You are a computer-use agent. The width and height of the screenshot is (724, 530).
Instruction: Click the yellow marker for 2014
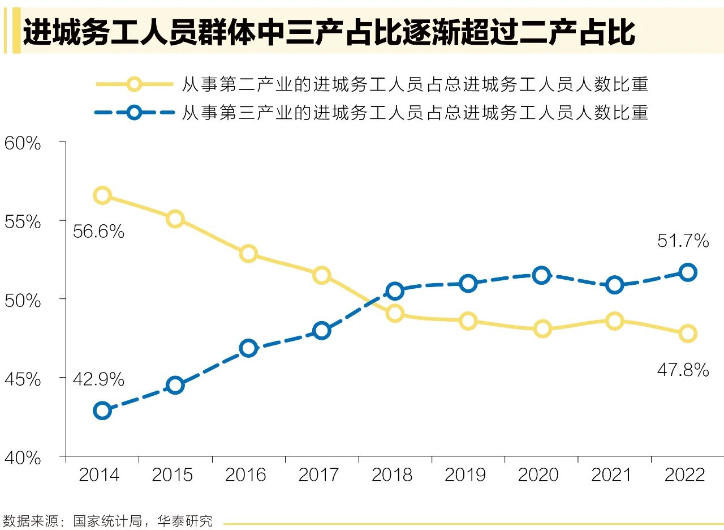pyautogui.click(x=102, y=195)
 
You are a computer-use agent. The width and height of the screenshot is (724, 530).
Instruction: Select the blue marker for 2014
pyautogui.click(x=102, y=411)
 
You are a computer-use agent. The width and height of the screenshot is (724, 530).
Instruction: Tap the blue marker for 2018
pyautogui.click(x=395, y=291)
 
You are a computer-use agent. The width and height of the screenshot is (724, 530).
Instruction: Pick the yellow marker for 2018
pyautogui.click(x=395, y=313)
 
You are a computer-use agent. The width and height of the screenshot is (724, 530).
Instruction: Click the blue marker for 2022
pyautogui.click(x=688, y=272)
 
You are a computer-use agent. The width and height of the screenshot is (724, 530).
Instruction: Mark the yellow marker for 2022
pyautogui.click(x=688, y=333)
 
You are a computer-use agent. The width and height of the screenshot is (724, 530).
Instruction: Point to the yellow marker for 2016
pyautogui.click(x=248, y=253)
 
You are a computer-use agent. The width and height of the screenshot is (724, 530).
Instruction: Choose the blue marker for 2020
pyautogui.click(x=541, y=276)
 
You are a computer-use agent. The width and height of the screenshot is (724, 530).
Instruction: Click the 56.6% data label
pyautogui.click(x=98, y=231)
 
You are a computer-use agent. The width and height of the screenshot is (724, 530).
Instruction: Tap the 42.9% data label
pyautogui.click(x=98, y=379)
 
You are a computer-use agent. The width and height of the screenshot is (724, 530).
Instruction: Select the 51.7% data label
pyautogui.click(x=683, y=241)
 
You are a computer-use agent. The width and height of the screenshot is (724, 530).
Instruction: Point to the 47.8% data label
pyautogui.click(x=683, y=370)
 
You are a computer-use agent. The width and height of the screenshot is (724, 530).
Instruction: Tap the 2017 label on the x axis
pyautogui.click(x=319, y=475)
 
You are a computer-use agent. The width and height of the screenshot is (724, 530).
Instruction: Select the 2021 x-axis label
pyautogui.click(x=611, y=475)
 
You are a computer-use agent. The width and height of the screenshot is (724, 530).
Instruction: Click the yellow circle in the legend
pyautogui.click(x=134, y=84)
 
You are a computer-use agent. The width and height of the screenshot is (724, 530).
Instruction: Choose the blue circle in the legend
pyautogui.click(x=134, y=112)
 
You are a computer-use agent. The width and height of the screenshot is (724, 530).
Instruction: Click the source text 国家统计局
pyautogui.click(x=107, y=520)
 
